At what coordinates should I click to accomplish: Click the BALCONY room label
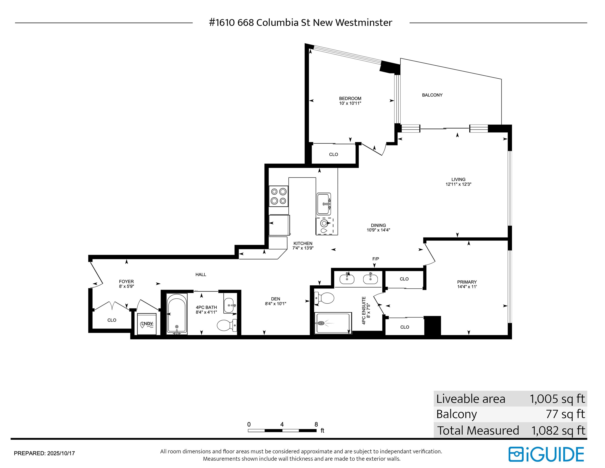432,95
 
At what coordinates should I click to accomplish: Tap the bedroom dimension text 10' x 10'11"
350,103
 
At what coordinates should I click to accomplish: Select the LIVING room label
458,179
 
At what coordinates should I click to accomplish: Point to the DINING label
378,225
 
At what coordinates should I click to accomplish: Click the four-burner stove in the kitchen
279,196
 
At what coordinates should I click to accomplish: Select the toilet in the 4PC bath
227,325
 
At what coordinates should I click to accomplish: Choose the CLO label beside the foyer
112,320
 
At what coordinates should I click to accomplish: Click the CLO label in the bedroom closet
333,154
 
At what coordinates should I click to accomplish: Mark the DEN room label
276,299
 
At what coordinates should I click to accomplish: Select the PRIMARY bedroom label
467,282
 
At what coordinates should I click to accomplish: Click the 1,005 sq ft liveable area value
557,399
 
